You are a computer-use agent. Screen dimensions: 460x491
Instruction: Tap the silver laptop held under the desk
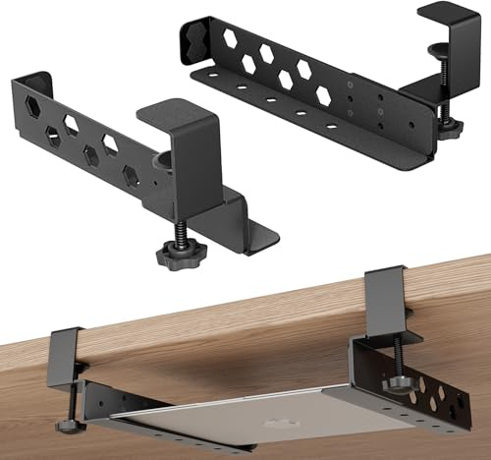(x=245, y=413)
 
